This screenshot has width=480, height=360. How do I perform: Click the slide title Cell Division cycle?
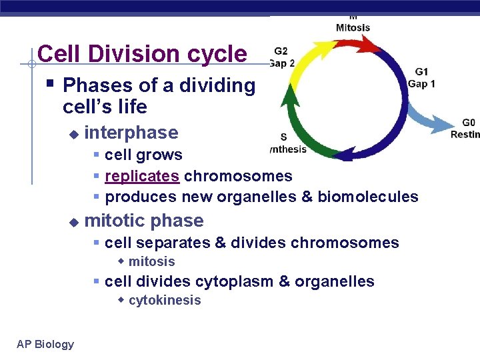[x=142, y=53]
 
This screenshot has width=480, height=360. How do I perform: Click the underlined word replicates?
[x=142, y=176]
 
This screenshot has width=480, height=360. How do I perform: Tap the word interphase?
[x=131, y=133]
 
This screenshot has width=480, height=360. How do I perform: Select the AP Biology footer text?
[x=45, y=344]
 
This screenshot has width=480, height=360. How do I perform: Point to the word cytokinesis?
[x=165, y=300]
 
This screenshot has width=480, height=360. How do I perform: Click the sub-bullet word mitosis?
[x=151, y=261]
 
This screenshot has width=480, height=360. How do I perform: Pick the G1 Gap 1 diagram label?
[x=421, y=78]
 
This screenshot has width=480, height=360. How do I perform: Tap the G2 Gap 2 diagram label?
[x=281, y=57]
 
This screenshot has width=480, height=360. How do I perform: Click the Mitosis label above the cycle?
[x=353, y=27]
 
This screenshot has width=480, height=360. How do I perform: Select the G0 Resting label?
[x=466, y=128]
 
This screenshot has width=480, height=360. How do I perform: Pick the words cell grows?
[x=143, y=155]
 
